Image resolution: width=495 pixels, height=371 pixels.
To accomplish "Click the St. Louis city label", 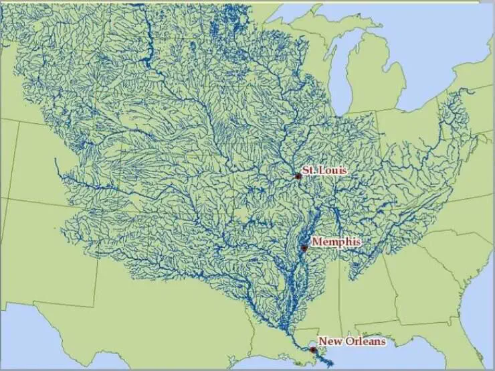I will click(x=324, y=171).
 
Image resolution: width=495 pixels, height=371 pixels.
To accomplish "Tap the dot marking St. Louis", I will click(x=298, y=176).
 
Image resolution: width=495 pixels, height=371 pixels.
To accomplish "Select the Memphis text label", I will click(x=336, y=242).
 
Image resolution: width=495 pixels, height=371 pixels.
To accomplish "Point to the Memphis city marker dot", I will click(x=304, y=248).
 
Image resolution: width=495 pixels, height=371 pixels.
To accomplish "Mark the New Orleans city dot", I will click(x=312, y=349).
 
